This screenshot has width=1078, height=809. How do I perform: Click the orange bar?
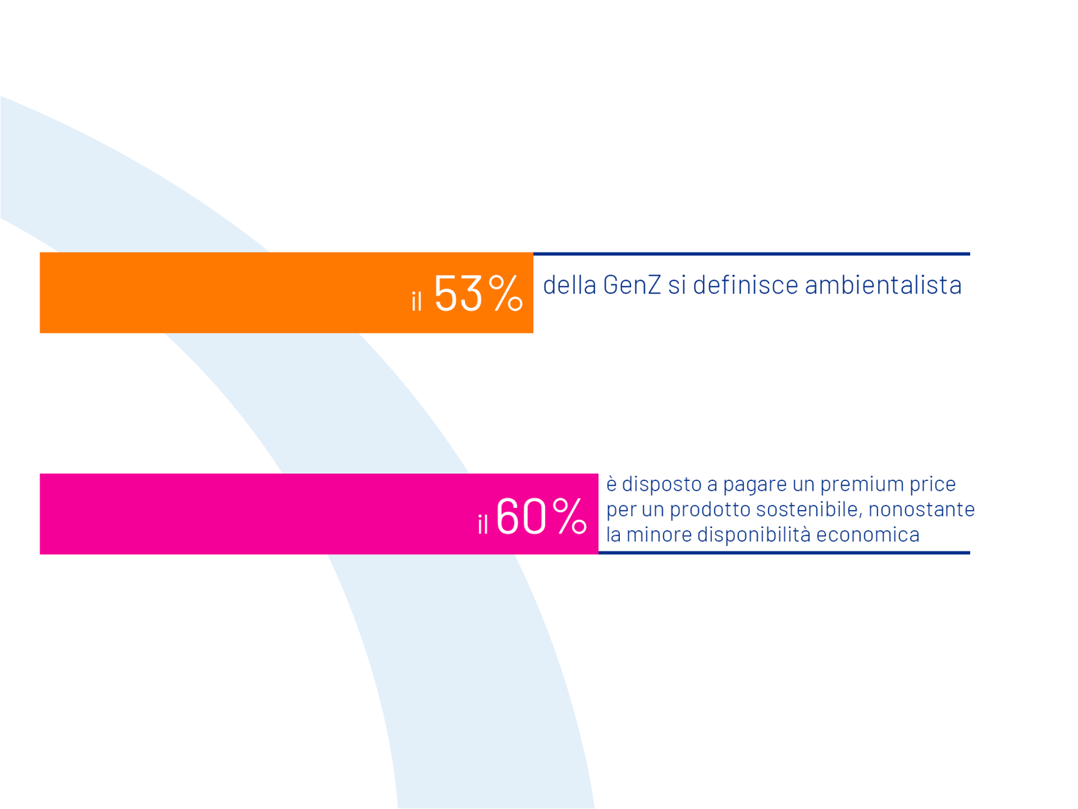point(225,293)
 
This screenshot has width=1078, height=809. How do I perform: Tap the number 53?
point(458,293)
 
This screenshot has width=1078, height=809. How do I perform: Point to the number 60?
point(521,516)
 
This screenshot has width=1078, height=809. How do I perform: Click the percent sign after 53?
point(505,293)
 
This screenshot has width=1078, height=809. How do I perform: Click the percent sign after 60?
point(569,516)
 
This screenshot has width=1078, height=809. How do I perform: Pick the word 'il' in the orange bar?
point(417,301)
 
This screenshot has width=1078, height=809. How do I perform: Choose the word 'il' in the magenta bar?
point(483,524)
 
